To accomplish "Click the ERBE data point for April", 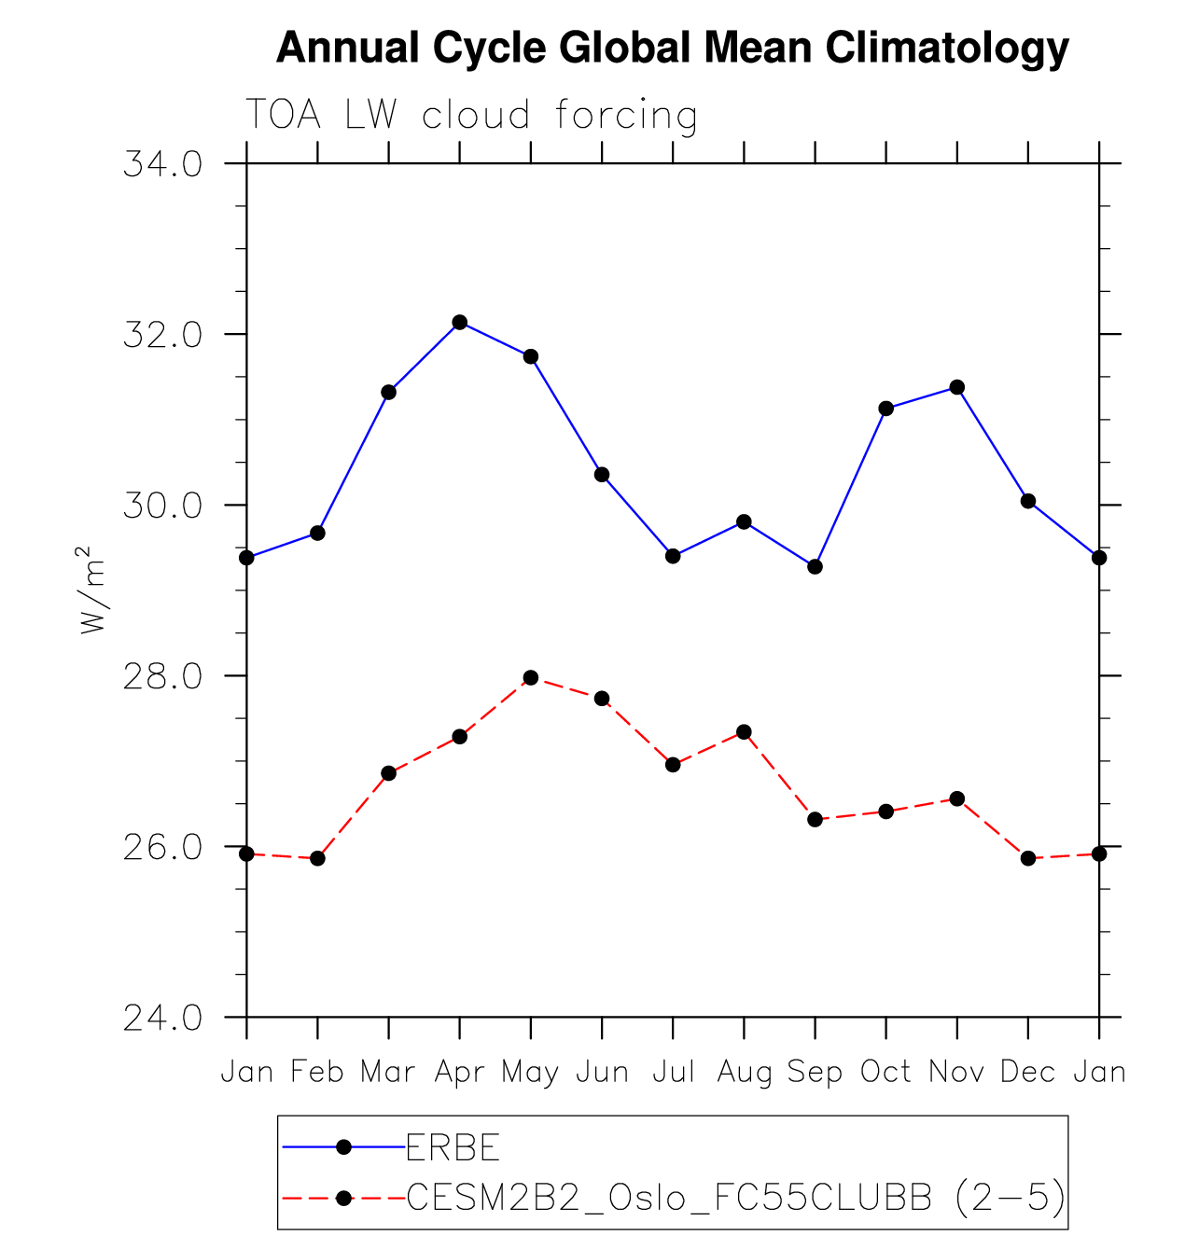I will coord(459,322).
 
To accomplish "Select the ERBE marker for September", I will coord(815,566).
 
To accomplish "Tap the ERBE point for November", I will coord(956,387).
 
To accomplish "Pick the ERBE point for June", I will coord(602,475).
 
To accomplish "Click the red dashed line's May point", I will coord(531,677).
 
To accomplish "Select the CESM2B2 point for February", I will coord(317,858).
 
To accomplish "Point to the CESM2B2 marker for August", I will coord(744,731).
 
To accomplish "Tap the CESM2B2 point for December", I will coord(1028,858).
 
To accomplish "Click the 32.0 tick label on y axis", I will coord(162,335).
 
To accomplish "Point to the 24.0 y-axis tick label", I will coord(162,1018).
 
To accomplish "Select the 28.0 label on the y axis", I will coord(162,676).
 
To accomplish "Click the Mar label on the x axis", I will coord(387,1073).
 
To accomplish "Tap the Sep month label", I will coord(815,1073).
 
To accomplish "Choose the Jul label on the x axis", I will coord(673,1073).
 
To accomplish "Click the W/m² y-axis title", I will coord(93,590).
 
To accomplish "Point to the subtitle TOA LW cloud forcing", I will coord(471,116).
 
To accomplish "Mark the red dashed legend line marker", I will coord(343,1197).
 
